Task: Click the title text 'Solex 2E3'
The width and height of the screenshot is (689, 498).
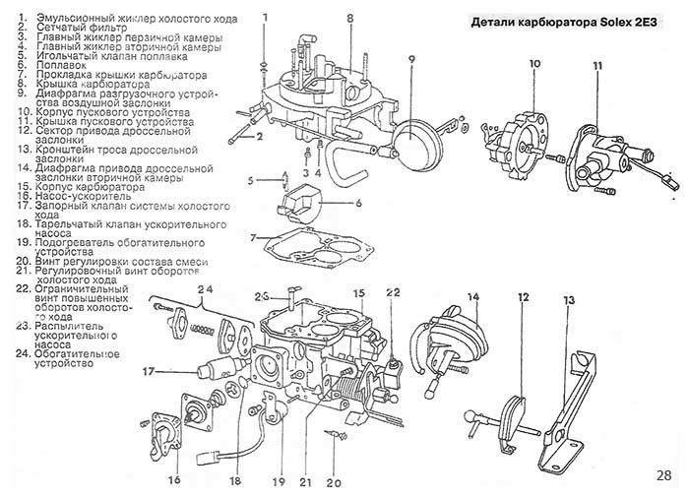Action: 636,22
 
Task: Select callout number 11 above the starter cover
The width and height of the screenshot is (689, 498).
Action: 597,66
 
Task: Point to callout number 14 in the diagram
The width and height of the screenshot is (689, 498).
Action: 472,297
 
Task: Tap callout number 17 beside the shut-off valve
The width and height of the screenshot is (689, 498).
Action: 148,372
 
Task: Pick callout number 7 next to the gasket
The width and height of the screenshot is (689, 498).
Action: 253,238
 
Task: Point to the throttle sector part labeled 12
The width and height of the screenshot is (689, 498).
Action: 509,419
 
